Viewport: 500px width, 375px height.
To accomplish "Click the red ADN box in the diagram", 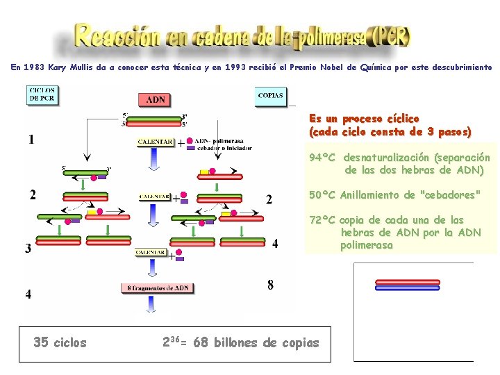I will point(156,100).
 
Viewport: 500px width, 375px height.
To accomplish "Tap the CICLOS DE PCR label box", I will point(42,95).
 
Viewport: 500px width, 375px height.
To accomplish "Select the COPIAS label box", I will point(271,95).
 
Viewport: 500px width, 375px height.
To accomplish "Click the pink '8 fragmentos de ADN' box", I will point(158,288).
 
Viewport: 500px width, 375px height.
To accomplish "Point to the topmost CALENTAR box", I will point(156,142).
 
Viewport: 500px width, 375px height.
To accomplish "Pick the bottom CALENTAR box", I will point(151,253).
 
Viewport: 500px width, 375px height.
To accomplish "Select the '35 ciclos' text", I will point(60,342).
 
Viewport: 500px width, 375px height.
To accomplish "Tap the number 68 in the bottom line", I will point(201,342).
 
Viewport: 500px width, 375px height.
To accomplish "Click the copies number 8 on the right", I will point(270,285).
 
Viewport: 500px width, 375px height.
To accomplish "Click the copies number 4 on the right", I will point(275,244).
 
